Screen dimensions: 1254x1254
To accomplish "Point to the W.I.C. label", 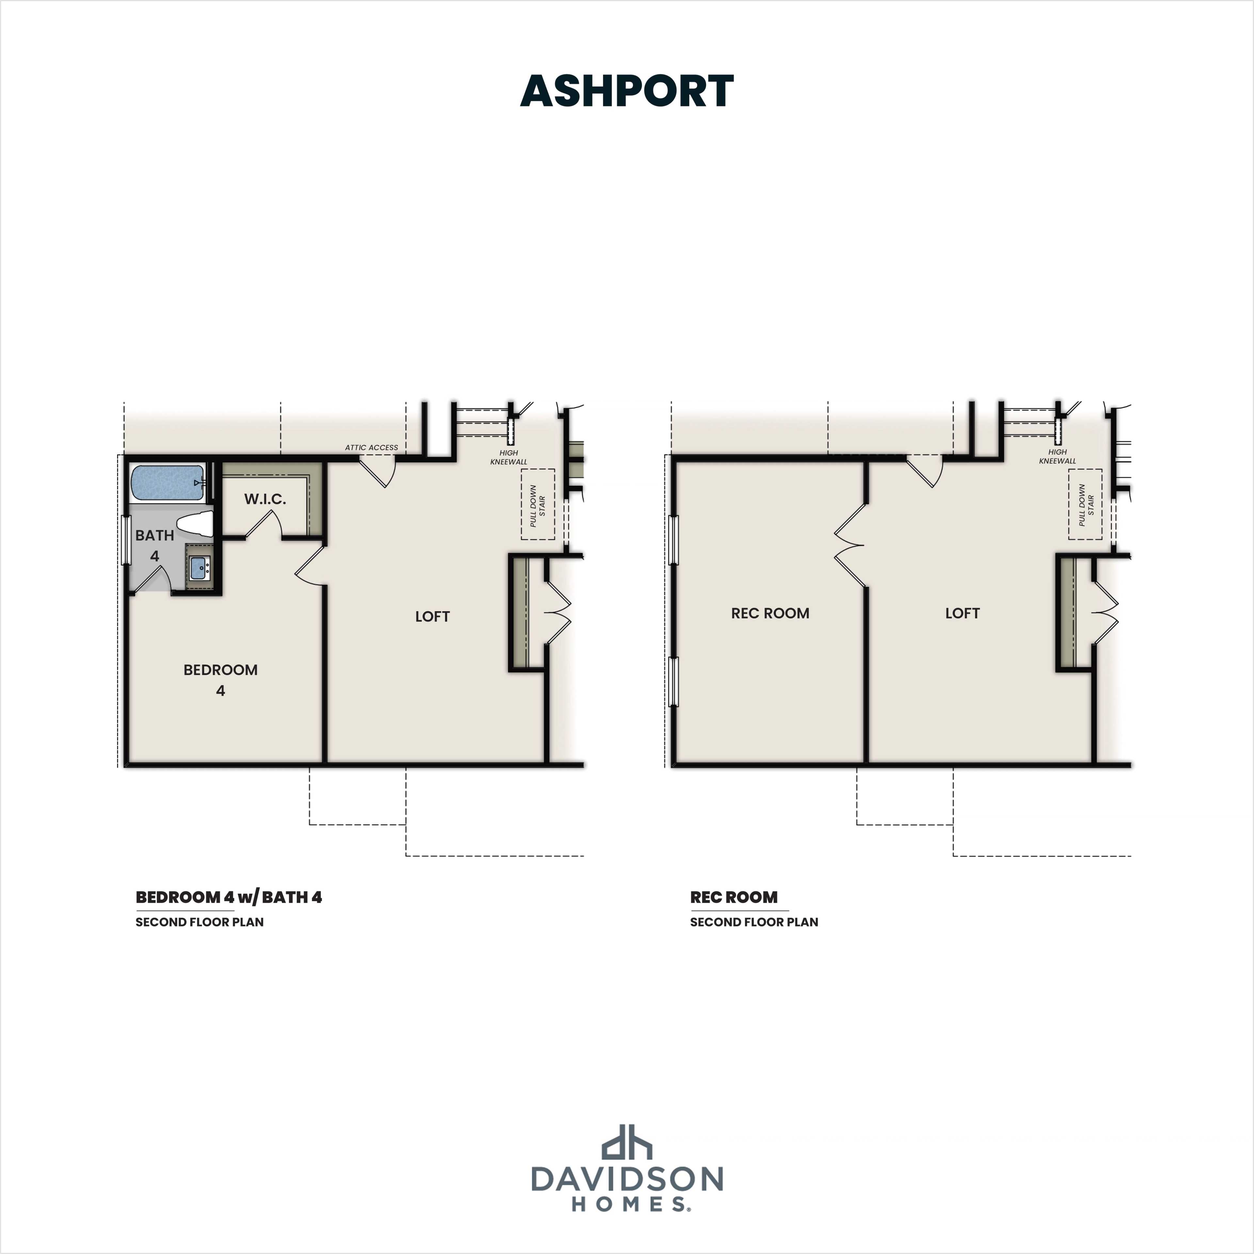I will click(265, 499).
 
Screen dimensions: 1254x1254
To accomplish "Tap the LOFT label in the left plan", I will click(432, 617).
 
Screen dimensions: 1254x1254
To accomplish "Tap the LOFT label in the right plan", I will click(962, 613).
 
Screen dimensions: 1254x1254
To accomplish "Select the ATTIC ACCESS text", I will click(371, 447).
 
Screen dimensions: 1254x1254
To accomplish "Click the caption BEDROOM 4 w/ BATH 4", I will click(229, 897).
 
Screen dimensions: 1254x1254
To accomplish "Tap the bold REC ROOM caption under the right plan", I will click(733, 897).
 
